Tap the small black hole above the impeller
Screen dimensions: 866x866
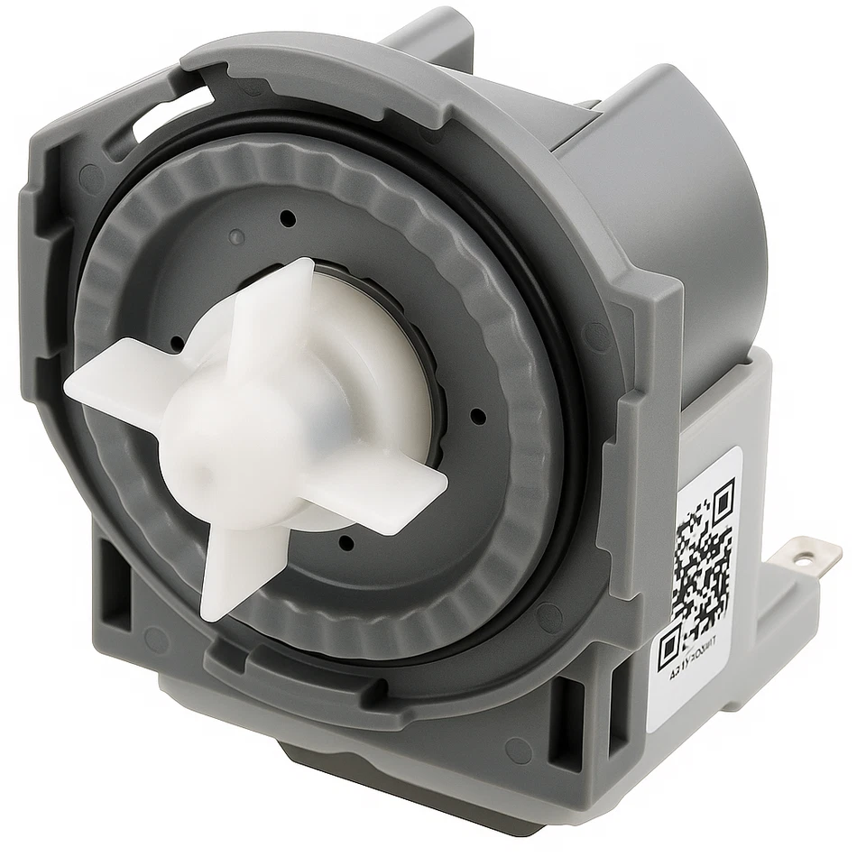[x=287, y=217]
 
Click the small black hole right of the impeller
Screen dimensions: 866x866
[x=478, y=416]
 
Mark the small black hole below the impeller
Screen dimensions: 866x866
[x=345, y=542]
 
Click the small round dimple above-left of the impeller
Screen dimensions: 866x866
[x=236, y=237]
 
